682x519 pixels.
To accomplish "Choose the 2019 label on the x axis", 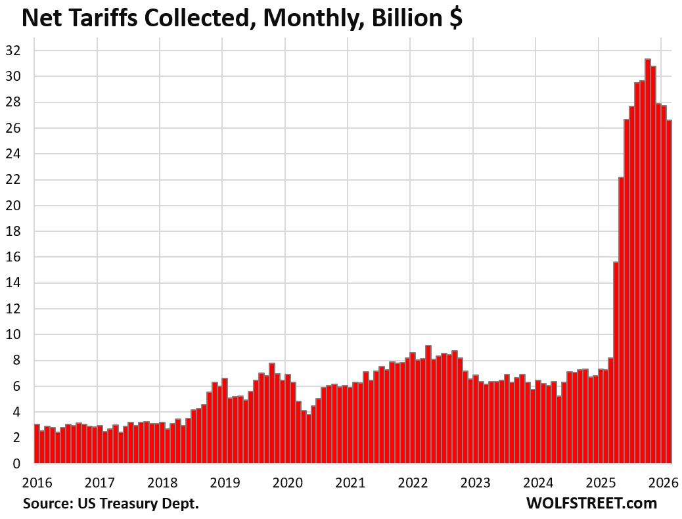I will tap(225, 482).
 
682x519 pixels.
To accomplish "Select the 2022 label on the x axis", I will tap(413, 482).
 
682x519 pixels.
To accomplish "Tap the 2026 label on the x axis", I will tap(664, 482).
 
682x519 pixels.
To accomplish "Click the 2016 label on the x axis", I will tap(37, 482).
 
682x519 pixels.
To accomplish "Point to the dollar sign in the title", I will tap(455, 18).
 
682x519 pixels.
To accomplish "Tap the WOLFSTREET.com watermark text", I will tap(591, 504).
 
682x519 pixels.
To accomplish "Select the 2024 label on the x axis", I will tap(538, 482).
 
